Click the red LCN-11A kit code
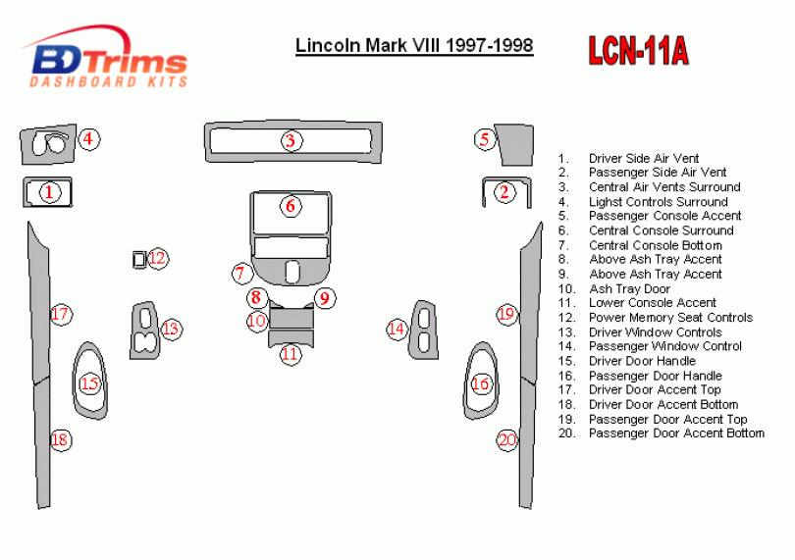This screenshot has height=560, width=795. (x=638, y=51)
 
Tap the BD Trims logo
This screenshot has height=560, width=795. (x=105, y=57)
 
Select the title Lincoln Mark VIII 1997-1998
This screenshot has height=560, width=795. (x=414, y=46)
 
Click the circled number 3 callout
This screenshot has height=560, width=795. (x=291, y=141)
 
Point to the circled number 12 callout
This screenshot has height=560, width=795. (x=158, y=258)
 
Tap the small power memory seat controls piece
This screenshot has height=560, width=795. (x=139, y=260)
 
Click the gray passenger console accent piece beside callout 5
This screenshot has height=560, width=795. (x=514, y=145)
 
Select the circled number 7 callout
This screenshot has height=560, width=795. (x=240, y=274)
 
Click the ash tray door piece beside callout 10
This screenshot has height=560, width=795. (x=291, y=319)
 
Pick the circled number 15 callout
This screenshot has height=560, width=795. (x=89, y=383)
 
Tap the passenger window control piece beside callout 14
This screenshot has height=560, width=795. (x=423, y=331)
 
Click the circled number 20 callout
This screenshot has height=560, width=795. (x=507, y=440)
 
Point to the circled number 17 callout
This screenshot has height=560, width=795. (x=61, y=314)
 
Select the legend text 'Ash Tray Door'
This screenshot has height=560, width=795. (x=629, y=289)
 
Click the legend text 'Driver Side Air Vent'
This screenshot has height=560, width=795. (x=644, y=159)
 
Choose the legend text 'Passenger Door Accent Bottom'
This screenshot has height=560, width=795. (x=676, y=433)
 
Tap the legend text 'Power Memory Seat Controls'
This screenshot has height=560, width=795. (x=670, y=318)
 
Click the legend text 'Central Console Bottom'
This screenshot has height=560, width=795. (x=655, y=245)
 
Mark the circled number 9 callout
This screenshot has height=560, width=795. (x=325, y=297)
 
